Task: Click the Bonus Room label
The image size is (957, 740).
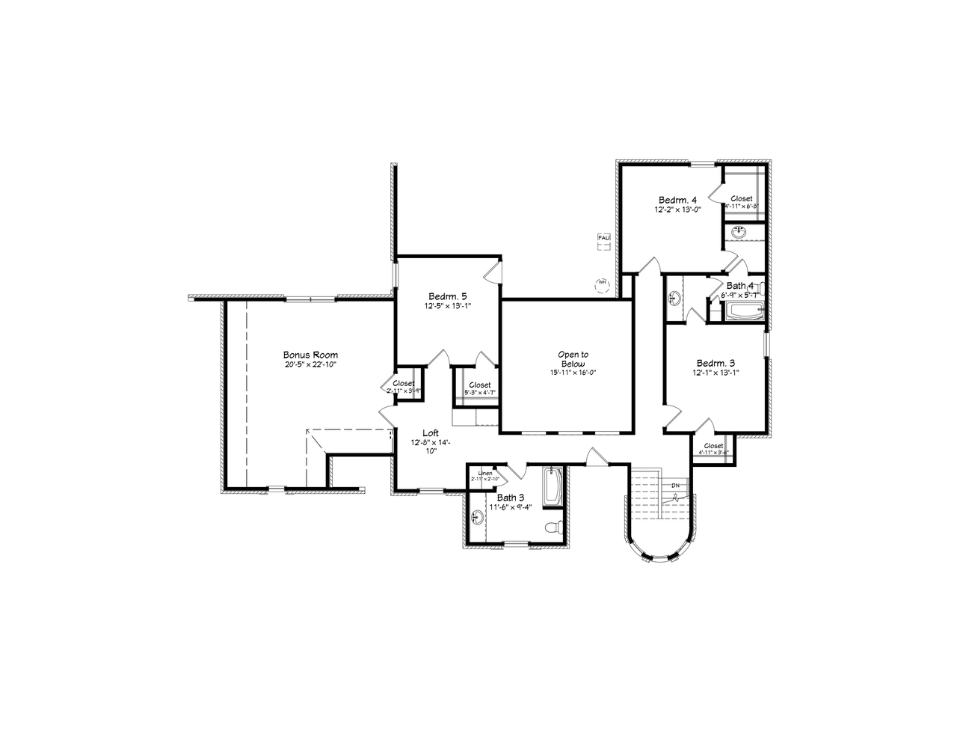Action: coord(310,355)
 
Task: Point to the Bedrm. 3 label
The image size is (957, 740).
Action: coord(716,362)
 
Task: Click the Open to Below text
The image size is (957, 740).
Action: coord(573,359)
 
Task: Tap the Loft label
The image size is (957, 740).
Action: coord(431,433)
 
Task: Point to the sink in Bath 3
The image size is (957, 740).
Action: coord(477,516)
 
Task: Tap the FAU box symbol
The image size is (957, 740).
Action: coord(604,238)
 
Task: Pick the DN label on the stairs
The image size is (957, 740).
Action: coord(675,486)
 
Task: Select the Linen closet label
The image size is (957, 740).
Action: coord(484,474)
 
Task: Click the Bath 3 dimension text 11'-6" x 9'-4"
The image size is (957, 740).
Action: coord(511,507)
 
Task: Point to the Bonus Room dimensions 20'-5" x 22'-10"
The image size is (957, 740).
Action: coord(310,365)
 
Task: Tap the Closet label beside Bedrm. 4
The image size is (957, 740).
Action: coord(742,199)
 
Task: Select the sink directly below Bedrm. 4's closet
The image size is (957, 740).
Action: coord(739,232)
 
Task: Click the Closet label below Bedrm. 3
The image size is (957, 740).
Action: coord(713,446)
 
